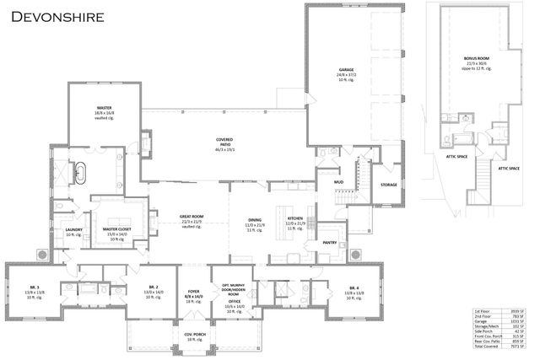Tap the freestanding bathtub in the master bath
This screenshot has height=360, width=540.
(x=81, y=173)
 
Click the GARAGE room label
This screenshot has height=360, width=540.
(x=346, y=70)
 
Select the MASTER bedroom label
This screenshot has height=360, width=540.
(x=105, y=107)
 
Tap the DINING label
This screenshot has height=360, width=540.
(x=255, y=218)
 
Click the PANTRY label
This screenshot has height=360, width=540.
(x=330, y=243)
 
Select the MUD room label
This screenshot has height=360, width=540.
(x=338, y=181)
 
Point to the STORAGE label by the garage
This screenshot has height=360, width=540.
(x=388, y=185)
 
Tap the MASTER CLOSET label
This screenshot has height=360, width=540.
(x=116, y=228)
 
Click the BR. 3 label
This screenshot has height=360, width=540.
(x=34, y=287)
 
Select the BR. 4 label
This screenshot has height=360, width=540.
(x=355, y=288)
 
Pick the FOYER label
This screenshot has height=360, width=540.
(x=194, y=293)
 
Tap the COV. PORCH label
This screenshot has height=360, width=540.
(x=194, y=334)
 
